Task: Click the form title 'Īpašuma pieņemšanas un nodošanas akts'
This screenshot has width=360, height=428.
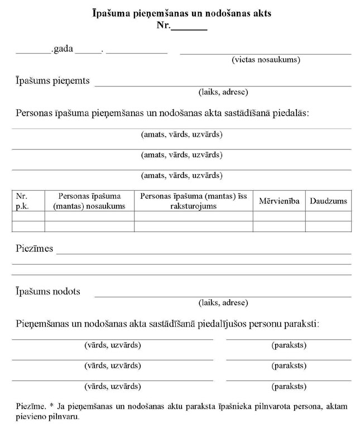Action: (182, 13)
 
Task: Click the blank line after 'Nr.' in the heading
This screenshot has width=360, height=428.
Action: (189, 26)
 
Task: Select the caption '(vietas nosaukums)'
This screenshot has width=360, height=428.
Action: (266, 59)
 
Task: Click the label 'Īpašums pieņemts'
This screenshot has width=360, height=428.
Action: (52, 81)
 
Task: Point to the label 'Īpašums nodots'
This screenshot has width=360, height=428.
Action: (48, 291)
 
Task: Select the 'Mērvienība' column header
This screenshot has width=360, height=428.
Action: (279, 201)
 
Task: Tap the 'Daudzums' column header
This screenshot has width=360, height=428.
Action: (328, 201)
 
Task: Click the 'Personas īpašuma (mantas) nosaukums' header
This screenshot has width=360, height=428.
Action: (89, 201)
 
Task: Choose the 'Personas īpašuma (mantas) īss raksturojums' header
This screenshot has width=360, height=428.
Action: (193, 201)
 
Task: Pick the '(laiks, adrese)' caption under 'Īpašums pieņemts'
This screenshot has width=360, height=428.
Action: (223, 92)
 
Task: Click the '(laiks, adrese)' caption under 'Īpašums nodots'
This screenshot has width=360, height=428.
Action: (223, 302)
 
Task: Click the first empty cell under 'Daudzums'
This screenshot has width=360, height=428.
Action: (328, 216)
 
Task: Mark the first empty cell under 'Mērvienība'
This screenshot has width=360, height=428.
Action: (279, 216)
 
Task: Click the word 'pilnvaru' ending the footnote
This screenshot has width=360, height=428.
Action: (65, 416)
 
